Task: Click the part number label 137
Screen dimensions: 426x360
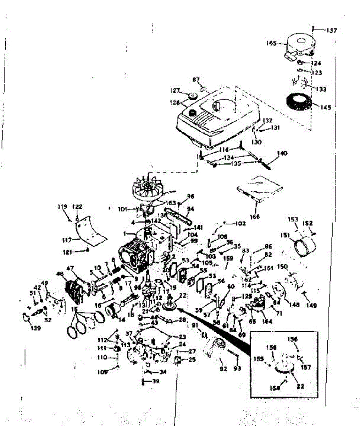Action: coord(332,31)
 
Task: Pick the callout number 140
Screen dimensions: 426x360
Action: coord(282,154)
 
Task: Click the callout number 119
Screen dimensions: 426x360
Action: coord(62,206)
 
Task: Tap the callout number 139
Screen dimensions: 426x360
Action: coord(35,328)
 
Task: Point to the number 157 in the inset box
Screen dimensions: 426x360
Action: coord(305,367)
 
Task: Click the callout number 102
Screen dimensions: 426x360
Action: coord(240,224)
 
